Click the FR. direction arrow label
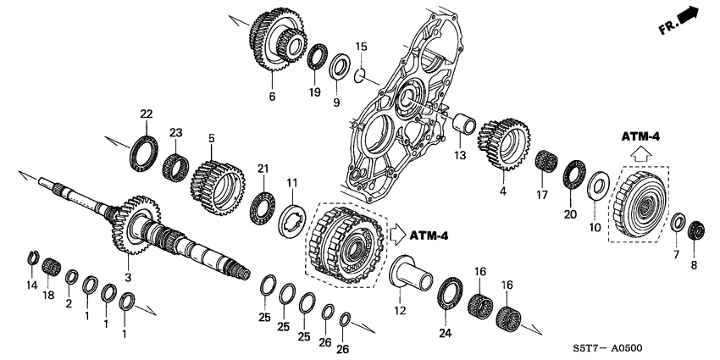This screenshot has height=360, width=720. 678,19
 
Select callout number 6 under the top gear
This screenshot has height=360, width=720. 272,97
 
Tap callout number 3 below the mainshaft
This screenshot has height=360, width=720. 128,277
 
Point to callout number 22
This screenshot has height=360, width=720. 147,114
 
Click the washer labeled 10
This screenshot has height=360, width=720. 598,185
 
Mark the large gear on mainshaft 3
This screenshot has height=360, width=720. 130,224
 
